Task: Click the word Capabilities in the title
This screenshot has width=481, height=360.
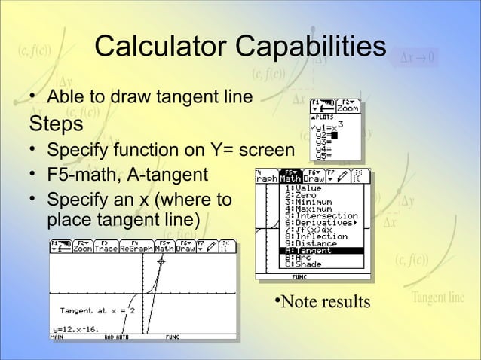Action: [311, 47]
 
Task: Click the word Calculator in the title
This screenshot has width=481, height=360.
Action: [161, 47]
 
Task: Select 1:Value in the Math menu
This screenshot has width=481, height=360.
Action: [305, 189]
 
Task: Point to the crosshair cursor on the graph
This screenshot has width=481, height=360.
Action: [161, 261]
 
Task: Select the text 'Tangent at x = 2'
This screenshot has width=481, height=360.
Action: [97, 310]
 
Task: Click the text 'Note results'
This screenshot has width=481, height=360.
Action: [324, 302]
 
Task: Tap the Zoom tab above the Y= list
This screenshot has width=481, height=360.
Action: [348, 108]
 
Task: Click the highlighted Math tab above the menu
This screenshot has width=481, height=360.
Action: [290, 178]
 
